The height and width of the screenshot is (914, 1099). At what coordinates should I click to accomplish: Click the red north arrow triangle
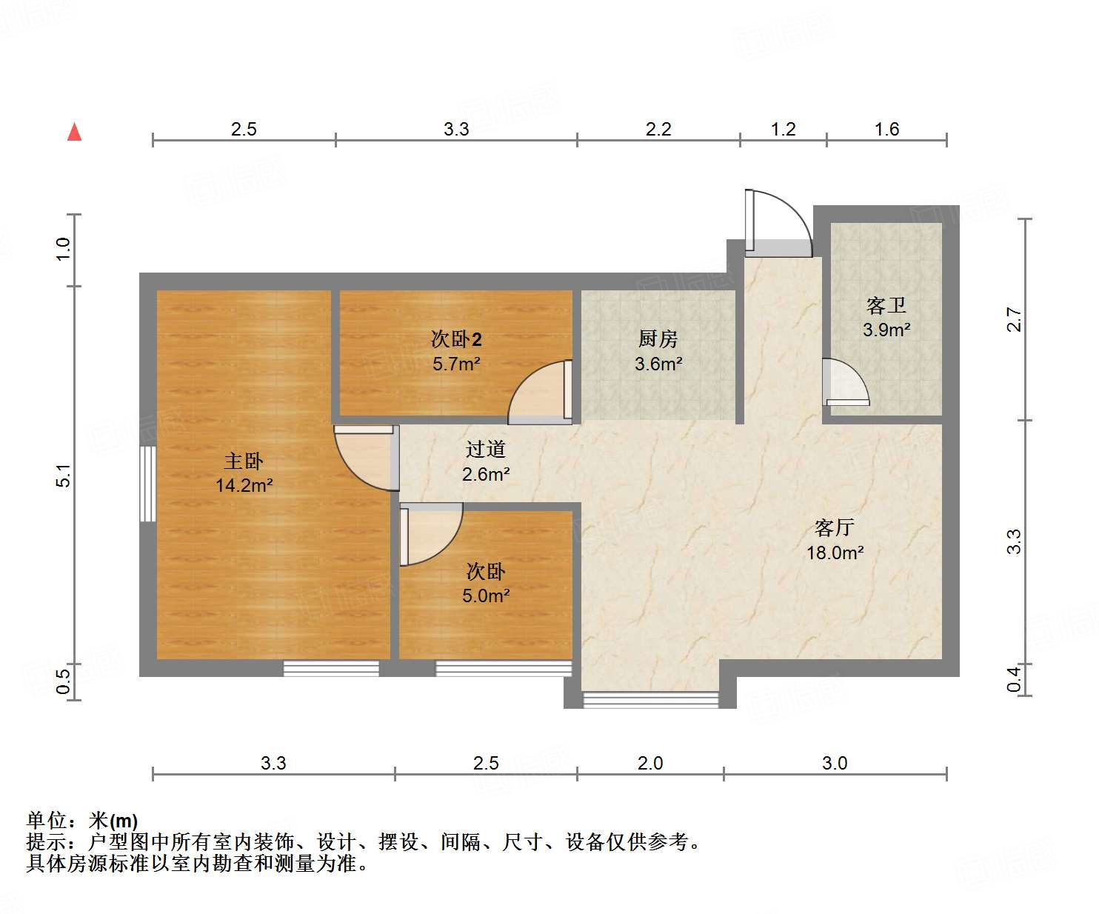[74, 132]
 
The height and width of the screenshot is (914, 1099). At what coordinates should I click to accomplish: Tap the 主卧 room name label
[244, 461]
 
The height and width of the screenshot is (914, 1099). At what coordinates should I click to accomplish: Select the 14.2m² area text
[244, 485]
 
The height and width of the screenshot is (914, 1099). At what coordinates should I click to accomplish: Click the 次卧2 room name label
[456, 339]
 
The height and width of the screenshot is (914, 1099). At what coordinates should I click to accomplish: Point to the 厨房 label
[658, 338]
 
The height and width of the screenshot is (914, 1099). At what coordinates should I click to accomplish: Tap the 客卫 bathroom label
[886, 305]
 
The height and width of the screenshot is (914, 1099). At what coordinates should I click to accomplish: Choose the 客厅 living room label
[835, 527]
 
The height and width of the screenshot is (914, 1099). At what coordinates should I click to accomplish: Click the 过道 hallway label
[485, 449]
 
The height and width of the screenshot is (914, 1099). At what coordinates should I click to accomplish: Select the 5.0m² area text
[486, 596]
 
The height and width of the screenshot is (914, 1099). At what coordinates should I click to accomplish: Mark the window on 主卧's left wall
[148, 484]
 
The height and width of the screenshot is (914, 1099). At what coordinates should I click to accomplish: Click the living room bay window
[650, 700]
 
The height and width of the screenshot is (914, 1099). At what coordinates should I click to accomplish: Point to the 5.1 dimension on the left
[64, 475]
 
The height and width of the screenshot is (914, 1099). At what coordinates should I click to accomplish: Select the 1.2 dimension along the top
[783, 130]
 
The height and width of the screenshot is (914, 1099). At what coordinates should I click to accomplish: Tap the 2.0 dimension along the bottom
[650, 763]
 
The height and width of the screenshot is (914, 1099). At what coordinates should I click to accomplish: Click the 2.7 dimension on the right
[1014, 319]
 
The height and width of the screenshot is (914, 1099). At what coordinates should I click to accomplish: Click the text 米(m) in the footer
[113, 821]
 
